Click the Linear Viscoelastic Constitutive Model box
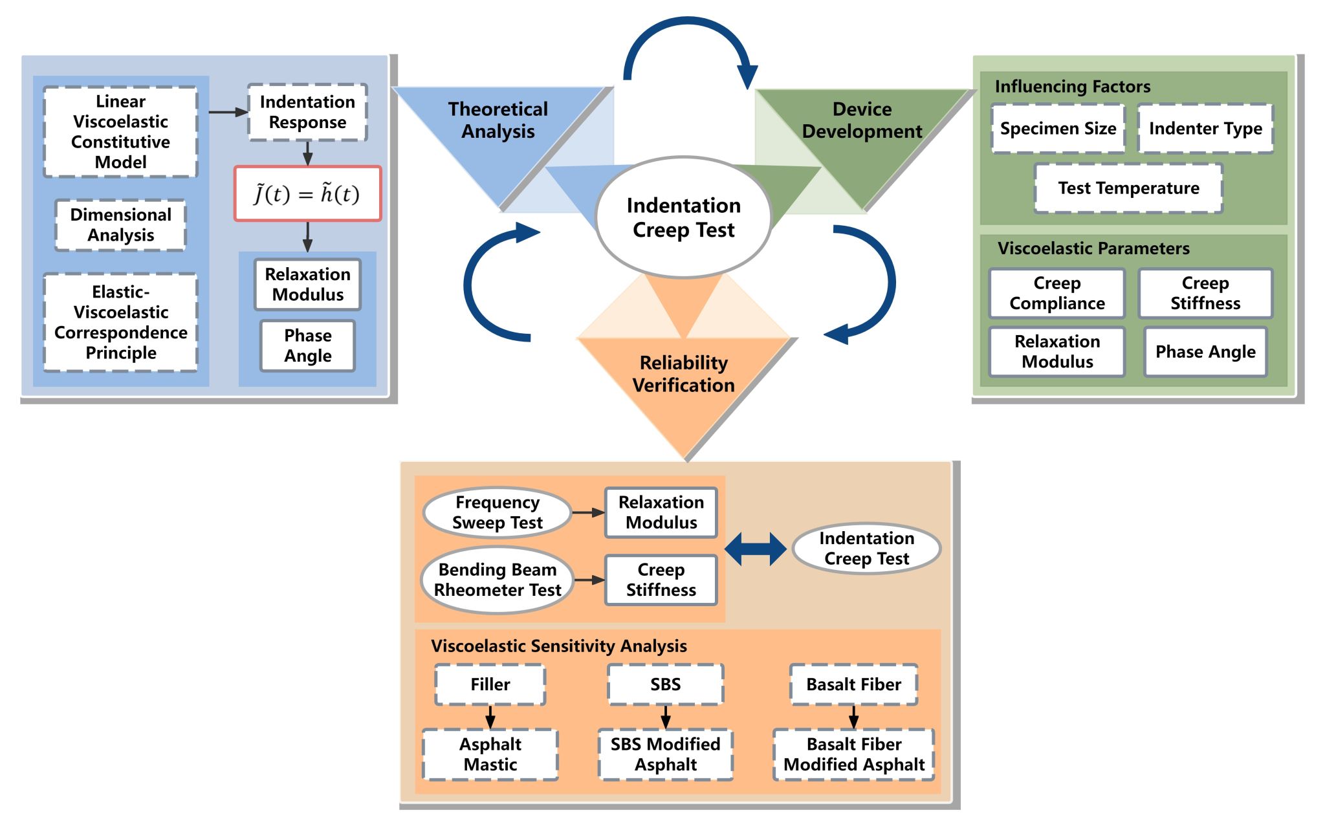tap(120, 131)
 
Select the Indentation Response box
tap(307, 112)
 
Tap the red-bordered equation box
tap(307, 193)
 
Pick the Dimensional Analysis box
tap(120, 224)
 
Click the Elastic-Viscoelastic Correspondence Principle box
tap(120, 322)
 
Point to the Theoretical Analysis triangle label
tap(498, 120)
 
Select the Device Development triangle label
tap(862, 120)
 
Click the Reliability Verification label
tap(683, 374)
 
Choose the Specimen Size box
tap(1058, 128)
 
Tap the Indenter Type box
tap(1205, 128)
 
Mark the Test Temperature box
tap(1128, 188)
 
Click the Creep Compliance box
tap(1057, 293)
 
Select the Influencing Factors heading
tap(1072, 87)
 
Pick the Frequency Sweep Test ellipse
tap(497, 512)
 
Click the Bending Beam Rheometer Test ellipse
tap(497, 580)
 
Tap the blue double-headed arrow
tap(755, 549)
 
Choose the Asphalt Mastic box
tap(490, 754)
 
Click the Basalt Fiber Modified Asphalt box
tap(853, 754)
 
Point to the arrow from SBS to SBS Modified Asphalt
tap(665, 717)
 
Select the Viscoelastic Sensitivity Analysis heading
tap(559, 646)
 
